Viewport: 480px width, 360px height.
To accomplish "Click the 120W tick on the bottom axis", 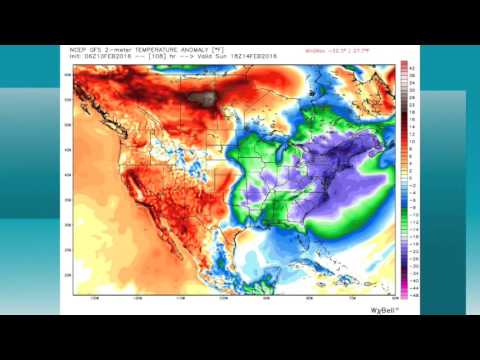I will click(137, 297).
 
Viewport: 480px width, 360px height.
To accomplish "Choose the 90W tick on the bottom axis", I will click(265, 297).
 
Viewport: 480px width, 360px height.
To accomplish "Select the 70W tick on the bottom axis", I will click(351, 297).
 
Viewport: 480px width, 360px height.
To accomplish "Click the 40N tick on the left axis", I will click(68, 175).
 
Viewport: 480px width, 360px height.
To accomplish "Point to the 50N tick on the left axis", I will click(68, 124).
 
